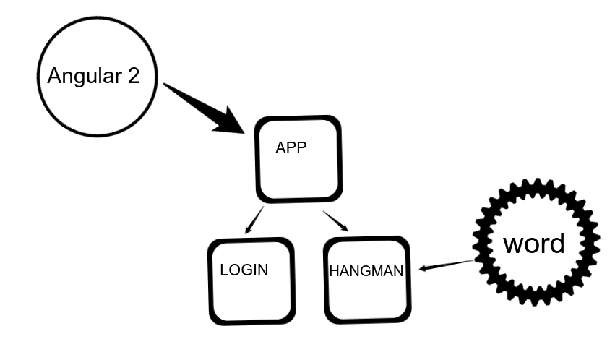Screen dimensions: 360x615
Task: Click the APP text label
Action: (x=291, y=147)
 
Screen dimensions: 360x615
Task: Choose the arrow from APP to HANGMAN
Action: (x=335, y=220)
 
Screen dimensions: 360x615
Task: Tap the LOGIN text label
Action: (x=244, y=270)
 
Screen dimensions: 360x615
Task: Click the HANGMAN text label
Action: (x=366, y=272)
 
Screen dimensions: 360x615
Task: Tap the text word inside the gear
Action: (x=534, y=244)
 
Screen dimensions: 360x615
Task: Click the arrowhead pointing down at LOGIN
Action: (x=247, y=231)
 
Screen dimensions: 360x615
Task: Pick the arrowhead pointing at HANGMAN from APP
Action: (x=344, y=228)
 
